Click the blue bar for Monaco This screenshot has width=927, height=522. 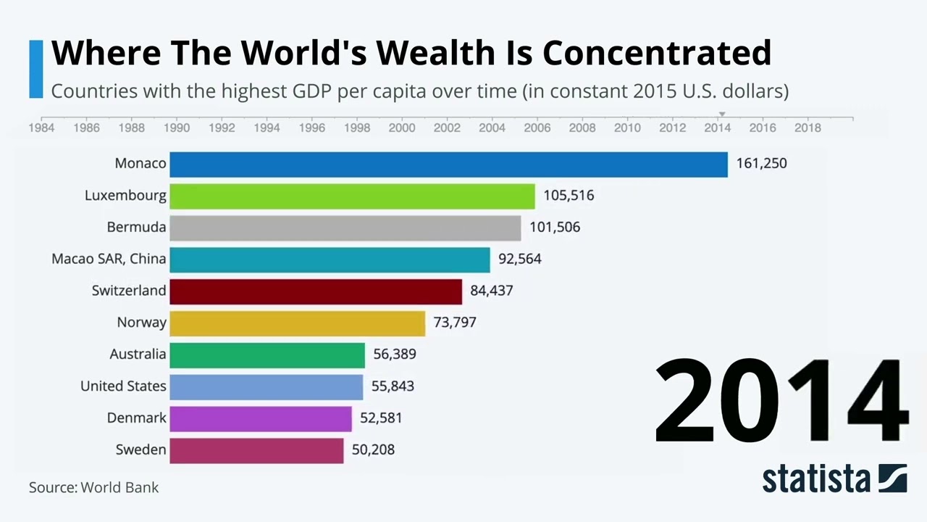click(x=448, y=164)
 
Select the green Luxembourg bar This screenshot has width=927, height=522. click(x=352, y=196)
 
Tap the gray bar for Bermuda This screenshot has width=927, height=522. click(x=345, y=228)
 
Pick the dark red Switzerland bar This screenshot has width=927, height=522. click(x=316, y=291)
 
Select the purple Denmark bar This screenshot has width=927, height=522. click(x=260, y=418)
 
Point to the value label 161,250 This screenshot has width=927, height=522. click(x=761, y=164)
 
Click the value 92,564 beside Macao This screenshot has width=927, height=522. click(x=519, y=259)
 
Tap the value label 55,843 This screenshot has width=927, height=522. click(x=393, y=386)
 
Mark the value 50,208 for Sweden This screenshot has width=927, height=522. click(x=373, y=450)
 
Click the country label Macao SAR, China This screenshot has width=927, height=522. click(x=109, y=259)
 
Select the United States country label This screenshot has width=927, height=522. click(x=123, y=386)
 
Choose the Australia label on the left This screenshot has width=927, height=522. click(x=138, y=355)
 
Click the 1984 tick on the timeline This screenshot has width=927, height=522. click(x=41, y=128)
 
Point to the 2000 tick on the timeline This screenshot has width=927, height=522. click(x=402, y=128)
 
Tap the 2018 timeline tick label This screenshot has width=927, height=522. click(x=808, y=128)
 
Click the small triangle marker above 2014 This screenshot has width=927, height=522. click(x=721, y=115)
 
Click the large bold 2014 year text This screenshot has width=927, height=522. click(x=780, y=401)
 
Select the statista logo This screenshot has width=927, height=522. click(x=834, y=479)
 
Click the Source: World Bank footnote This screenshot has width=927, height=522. click(x=93, y=487)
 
